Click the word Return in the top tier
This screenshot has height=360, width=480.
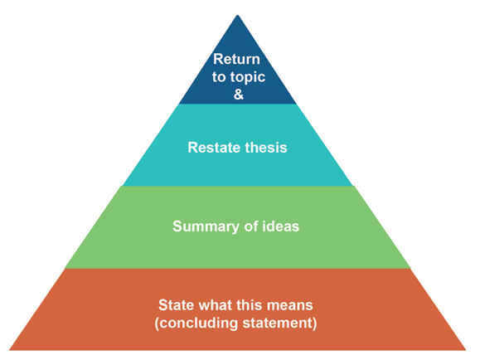point(236,59)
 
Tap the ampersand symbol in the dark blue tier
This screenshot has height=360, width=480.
point(239,94)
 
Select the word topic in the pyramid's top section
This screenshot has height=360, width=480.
point(247,77)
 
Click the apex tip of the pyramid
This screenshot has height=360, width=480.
point(238,15)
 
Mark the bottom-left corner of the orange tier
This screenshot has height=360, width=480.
point(9,350)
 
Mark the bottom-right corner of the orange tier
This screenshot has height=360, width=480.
point(466,350)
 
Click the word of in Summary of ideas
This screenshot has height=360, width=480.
point(250,226)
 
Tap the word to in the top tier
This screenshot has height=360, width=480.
point(219,77)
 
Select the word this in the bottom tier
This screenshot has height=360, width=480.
point(250,305)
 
